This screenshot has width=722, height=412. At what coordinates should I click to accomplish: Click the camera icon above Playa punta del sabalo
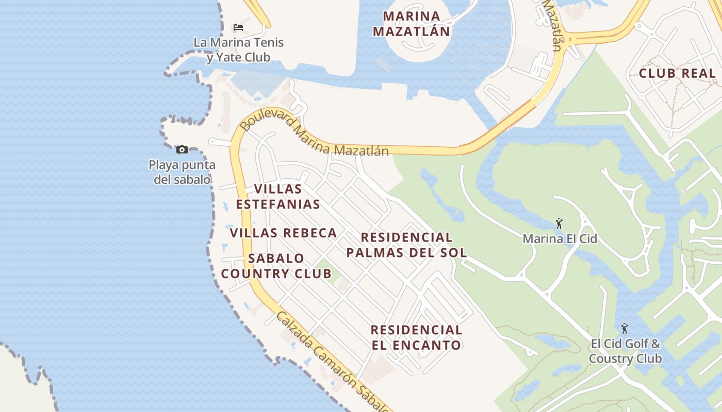coord(182,150)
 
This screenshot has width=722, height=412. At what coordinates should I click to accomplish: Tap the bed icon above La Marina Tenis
coord(238,27)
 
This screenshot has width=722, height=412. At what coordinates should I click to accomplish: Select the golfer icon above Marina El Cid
coord(559,224)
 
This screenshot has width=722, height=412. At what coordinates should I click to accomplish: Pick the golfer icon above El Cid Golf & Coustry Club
coord(625,329)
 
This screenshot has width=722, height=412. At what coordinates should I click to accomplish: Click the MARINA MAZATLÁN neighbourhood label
coord(412,24)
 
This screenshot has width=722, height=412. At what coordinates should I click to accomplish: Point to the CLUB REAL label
coord(677,73)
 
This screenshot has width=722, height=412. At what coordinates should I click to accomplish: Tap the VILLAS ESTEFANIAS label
coord(278,197)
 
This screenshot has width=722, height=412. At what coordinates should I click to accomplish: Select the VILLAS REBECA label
coord(283,233)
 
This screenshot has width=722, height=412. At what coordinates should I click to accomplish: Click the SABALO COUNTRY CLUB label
coord(276,266)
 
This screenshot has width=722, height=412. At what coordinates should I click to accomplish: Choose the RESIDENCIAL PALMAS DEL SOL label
coord(406,245)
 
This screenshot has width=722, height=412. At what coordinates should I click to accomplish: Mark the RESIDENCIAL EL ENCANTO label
coord(416,337)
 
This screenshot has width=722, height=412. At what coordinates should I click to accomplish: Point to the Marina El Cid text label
coord(560,239)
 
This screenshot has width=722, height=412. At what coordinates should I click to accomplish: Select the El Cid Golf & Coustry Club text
coord(625,351)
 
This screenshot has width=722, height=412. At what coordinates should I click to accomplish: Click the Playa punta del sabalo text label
coord(182,172)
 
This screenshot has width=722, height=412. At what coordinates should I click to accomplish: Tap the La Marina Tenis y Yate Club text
coord(239,49)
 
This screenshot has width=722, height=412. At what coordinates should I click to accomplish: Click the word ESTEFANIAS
coord(278,204)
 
